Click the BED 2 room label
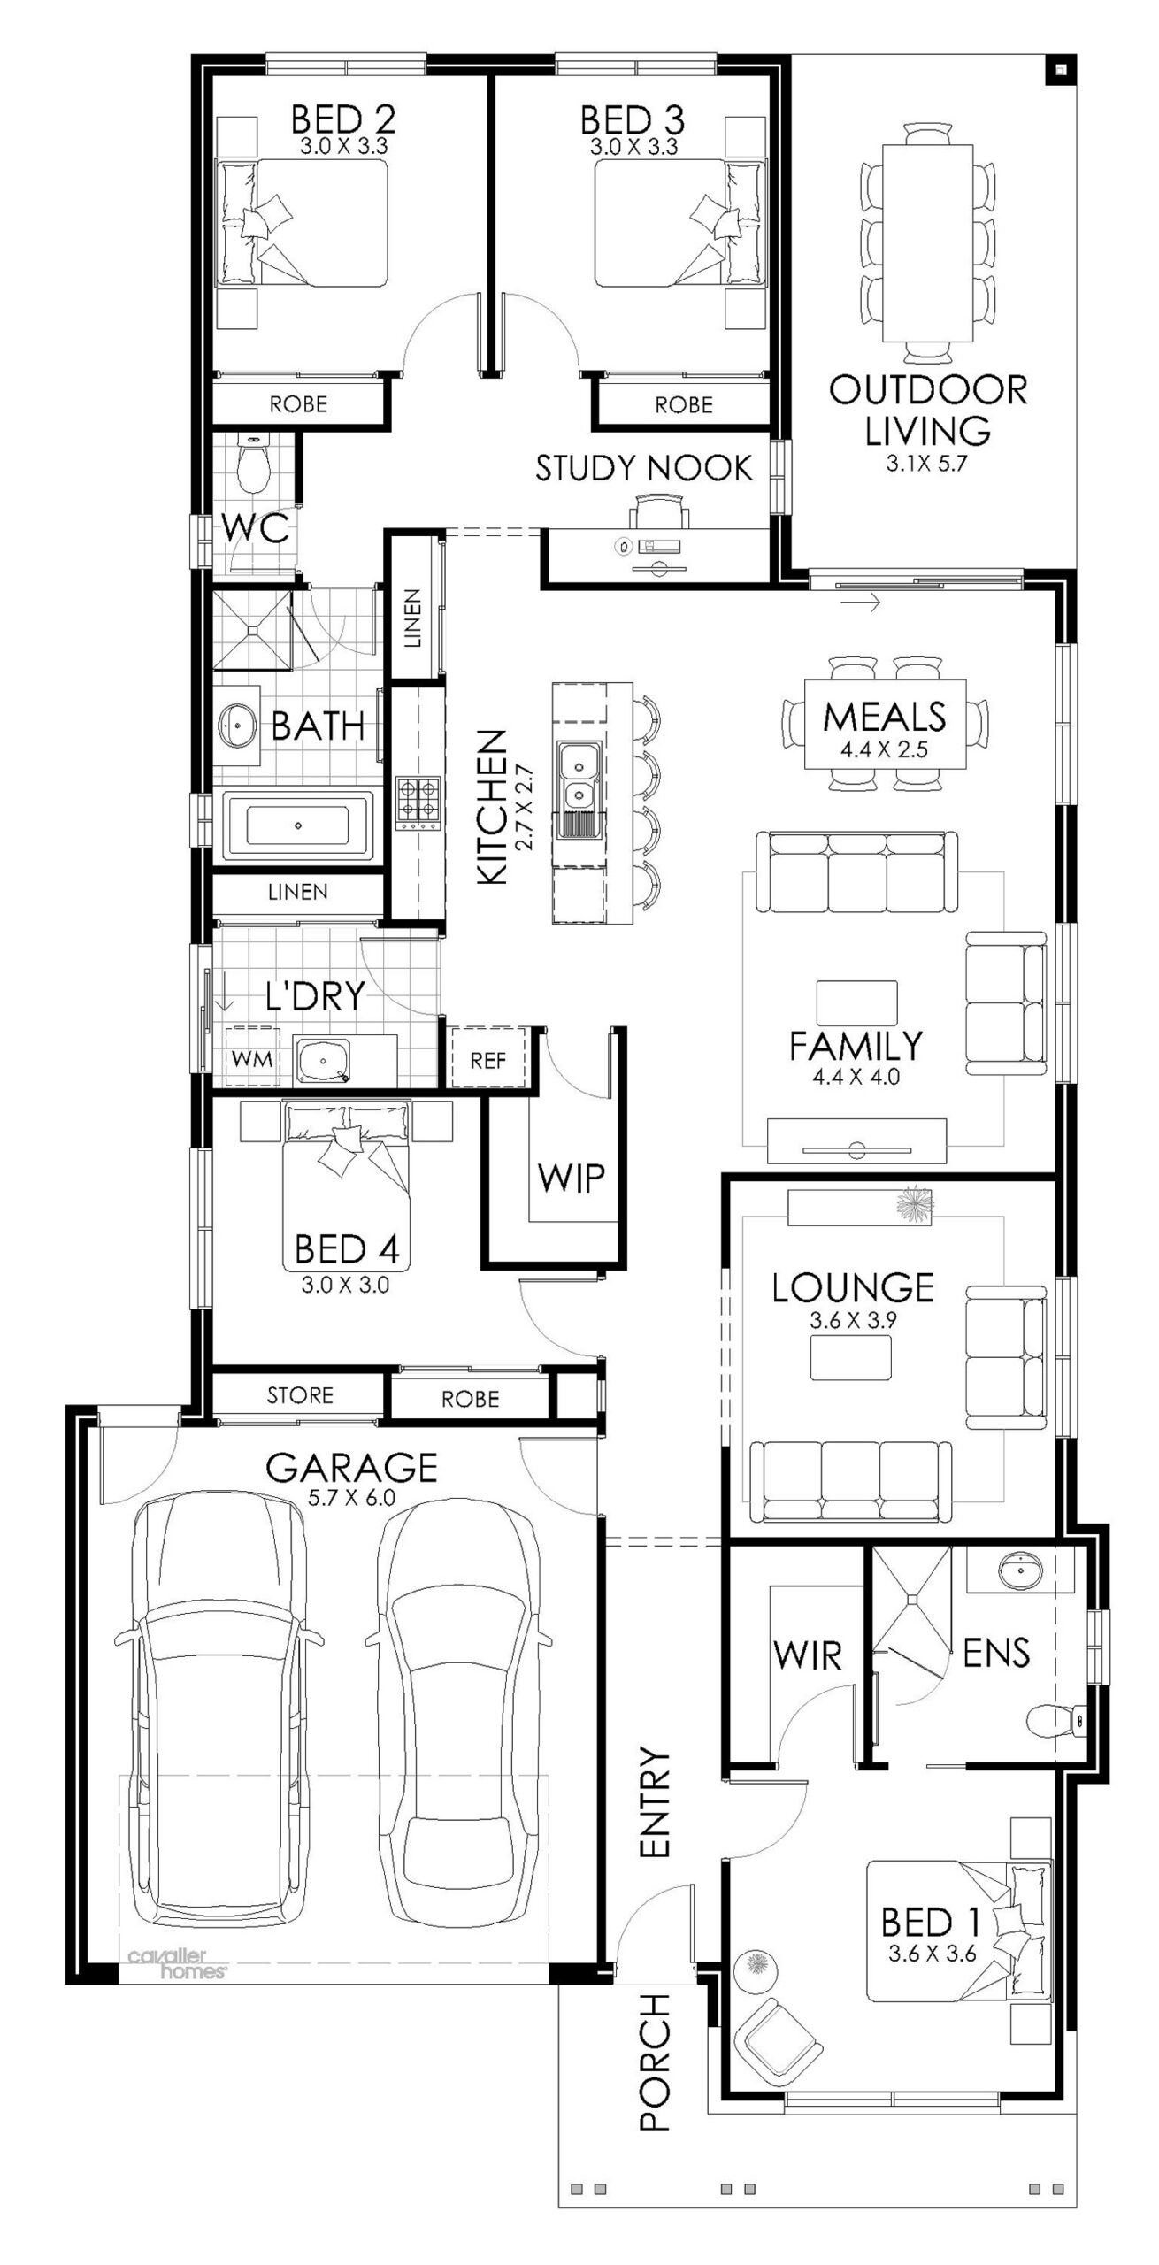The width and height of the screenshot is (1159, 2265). (343, 118)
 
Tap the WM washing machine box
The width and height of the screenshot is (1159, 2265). (252, 1058)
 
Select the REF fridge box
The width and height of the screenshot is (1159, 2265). (487, 1059)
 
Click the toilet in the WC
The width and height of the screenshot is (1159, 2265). (254, 465)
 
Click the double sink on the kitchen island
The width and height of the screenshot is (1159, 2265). (579, 776)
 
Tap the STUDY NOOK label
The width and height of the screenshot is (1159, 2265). (644, 468)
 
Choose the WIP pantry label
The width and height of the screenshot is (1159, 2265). (571, 1178)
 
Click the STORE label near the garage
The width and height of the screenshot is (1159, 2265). (300, 1395)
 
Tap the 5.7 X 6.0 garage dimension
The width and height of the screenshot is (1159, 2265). (352, 1498)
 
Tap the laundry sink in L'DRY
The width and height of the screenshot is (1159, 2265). (322, 1058)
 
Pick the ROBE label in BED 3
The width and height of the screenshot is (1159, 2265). (684, 404)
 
